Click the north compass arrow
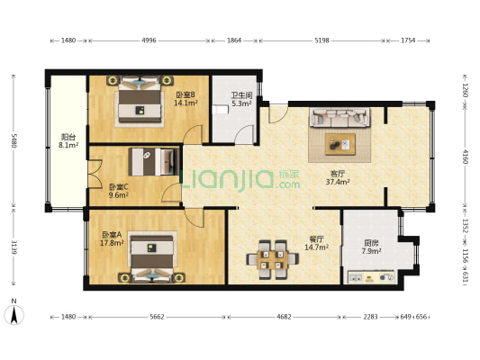coord(14,315)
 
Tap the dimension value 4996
coord(149,40)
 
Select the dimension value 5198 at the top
coord(322,40)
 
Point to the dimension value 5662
coord(157,317)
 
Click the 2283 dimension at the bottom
coord(370,317)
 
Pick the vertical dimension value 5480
coord(14,140)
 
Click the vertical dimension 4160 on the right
coord(466,157)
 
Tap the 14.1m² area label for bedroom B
coord(186,103)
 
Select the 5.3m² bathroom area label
coord(241,103)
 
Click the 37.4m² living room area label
coord(338,183)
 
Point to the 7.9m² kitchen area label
coord(371,251)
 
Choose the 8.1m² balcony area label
coord(68,145)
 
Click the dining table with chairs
coord(273,259)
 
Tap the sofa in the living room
coord(340,117)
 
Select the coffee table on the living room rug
coord(340,144)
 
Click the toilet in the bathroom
coord(221,110)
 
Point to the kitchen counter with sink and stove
coord(371,277)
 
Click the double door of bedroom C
coord(95,174)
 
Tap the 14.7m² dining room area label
coord(316,247)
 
